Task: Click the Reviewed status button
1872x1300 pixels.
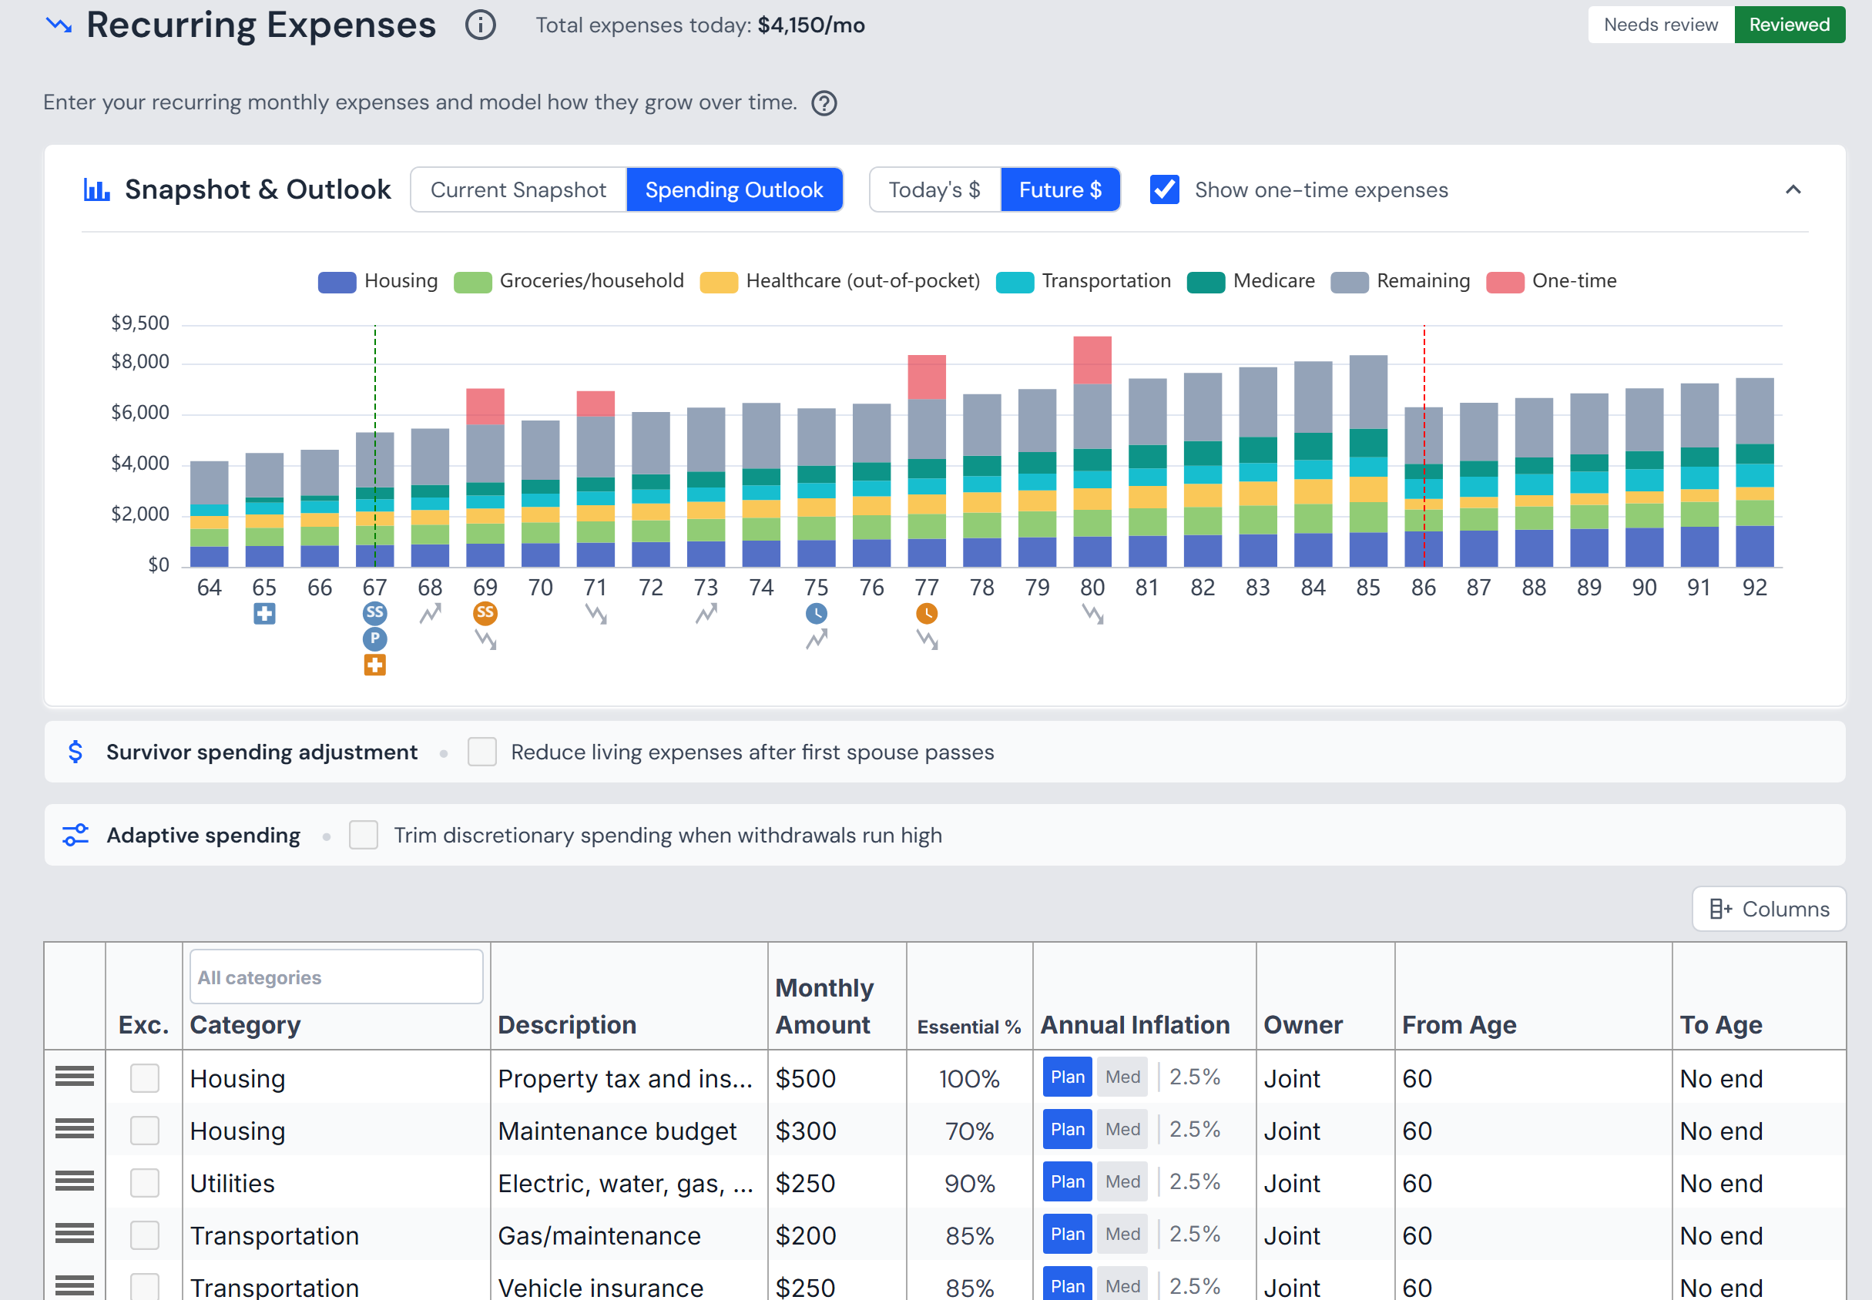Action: (x=1789, y=25)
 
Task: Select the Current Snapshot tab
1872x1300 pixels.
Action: (x=518, y=189)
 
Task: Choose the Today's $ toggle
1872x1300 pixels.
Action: (x=934, y=189)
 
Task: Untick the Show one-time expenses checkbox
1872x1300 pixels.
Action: (x=1164, y=189)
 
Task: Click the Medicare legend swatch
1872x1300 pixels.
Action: (x=1206, y=282)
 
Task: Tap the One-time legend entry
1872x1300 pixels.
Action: (x=1551, y=281)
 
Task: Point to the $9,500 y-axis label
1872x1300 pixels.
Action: (x=140, y=323)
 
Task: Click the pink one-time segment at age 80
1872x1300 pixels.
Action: (x=1092, y=360)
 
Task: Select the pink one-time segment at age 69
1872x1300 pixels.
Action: (x=485, y=407)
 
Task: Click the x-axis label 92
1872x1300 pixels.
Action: (x=1754, y=588)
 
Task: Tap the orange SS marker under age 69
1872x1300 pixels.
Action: (x=485, y=612)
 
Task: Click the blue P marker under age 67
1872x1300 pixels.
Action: (x=374, y=638)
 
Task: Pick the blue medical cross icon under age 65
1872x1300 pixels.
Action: (x=264, y=613)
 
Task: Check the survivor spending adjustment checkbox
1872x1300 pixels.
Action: (x=482, y=752)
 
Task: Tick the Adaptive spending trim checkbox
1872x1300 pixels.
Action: (x=364, y=835)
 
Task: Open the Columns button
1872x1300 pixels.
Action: (x=1769, y=909)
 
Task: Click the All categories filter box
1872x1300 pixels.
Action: (x=337, y=977)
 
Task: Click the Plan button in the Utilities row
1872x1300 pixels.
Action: (x=1067, y=1182)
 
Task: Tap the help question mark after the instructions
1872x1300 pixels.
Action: (x=824, y=103)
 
